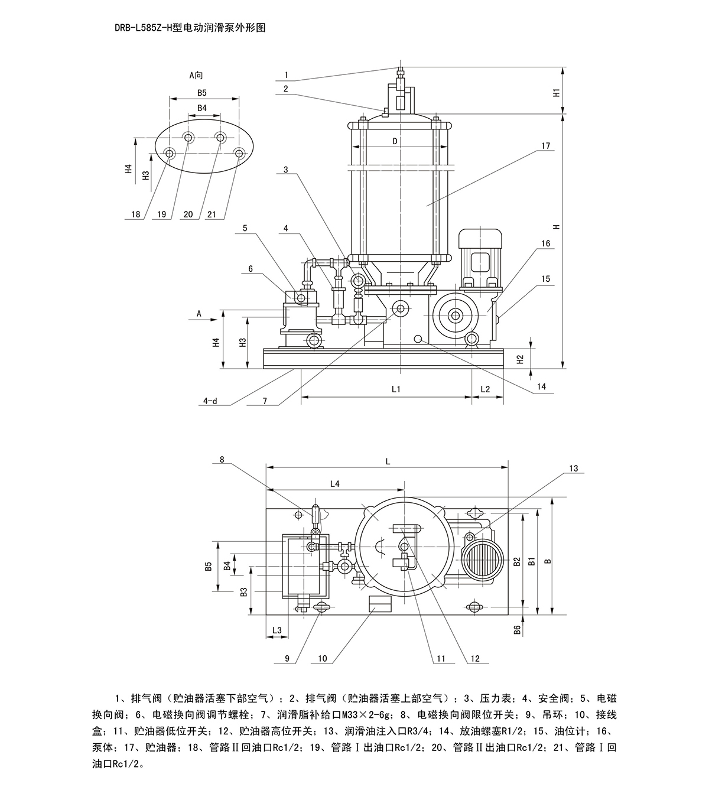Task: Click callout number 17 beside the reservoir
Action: (545, 145)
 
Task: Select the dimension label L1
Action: (396, 389)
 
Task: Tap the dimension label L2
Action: (485, 389)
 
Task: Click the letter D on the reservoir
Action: (395, 141)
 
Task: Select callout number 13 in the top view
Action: (573, 469)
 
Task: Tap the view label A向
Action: (196, 75)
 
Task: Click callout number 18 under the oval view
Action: (136, 214)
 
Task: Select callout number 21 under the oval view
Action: (211, 214)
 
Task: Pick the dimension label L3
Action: (277, 631)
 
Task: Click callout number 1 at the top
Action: (286, 75)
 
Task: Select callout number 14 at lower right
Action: (542, 387)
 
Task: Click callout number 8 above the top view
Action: (222, 459)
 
